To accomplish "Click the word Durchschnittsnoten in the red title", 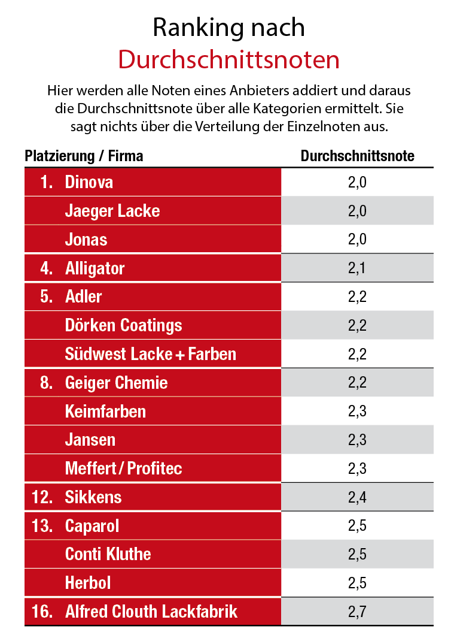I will [228, 60].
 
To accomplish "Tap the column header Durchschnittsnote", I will [357, 156].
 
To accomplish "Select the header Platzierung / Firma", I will [84, 156].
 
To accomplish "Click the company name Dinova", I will [89, 182].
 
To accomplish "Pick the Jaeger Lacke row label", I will [112, 211].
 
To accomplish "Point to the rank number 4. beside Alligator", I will [47, 268].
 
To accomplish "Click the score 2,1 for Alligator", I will [357, 268].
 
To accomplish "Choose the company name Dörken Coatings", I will [123, 325].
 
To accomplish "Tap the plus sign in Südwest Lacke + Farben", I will [179, 355].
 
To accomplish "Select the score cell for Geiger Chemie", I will [357, 382].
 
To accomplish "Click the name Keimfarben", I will [105, 411].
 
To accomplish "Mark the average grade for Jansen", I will [357, 440].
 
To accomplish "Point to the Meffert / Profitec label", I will [123, 468].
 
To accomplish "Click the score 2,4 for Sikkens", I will [357, 497].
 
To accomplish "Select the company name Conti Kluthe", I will [108, 554].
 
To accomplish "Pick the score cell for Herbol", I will [357, 582].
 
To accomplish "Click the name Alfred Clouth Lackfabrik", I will [151, 611].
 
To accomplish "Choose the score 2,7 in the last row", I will [357, 611].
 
